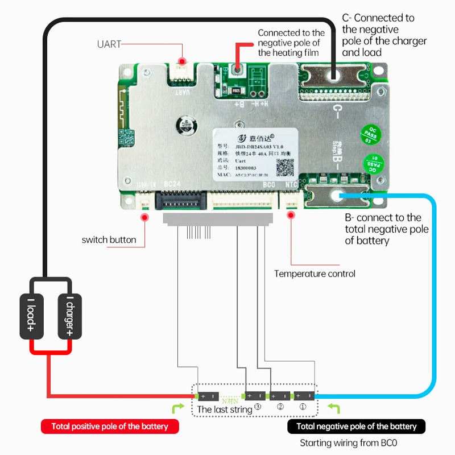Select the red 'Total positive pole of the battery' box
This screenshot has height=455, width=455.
click(x=110, y=426)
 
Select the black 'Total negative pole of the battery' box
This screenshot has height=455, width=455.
click(x=357, y=426)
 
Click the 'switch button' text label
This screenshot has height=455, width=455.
click(x=109, y=239)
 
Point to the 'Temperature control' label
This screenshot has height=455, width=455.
click(x=315, y=274)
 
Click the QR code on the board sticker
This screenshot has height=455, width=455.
click(x=286, y=166)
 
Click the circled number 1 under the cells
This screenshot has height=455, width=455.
click(x=303, y=407)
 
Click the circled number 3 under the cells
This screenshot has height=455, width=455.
click(x=258, y=407)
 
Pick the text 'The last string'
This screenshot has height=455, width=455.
click(x=224, y=409)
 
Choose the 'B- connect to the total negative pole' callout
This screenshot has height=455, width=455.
click(x=386, y=229)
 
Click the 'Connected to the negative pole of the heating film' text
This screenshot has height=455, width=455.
click(x=291, y=43)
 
